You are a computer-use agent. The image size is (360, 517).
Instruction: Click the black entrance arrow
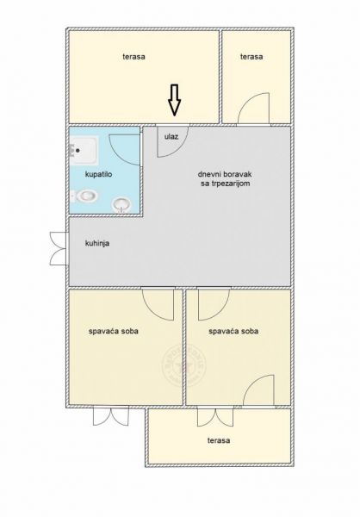[174, 100]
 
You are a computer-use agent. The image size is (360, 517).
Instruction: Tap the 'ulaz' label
[171, 136]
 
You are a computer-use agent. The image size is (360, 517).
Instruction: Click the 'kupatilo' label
[98, 174]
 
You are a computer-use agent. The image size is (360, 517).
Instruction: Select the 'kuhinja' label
[97, 244]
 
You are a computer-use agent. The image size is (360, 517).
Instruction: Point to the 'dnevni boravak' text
[225, 174]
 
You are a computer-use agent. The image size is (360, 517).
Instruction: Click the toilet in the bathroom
[84, 196]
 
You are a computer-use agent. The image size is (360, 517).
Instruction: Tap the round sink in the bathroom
[121, 205]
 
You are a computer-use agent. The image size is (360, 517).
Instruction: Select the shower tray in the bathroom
[84, 150]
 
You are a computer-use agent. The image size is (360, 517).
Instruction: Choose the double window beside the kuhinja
[59, 249]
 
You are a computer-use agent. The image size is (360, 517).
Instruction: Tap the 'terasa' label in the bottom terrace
[219, 440]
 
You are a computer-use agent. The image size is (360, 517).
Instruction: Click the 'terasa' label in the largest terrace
[133, 57]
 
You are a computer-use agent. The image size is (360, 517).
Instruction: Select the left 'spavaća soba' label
[114, 331]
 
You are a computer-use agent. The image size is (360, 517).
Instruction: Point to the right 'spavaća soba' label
[233, 331]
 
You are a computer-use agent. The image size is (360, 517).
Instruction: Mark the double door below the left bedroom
[111, 416]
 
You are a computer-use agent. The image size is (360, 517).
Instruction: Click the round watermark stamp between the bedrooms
[184, 365]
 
